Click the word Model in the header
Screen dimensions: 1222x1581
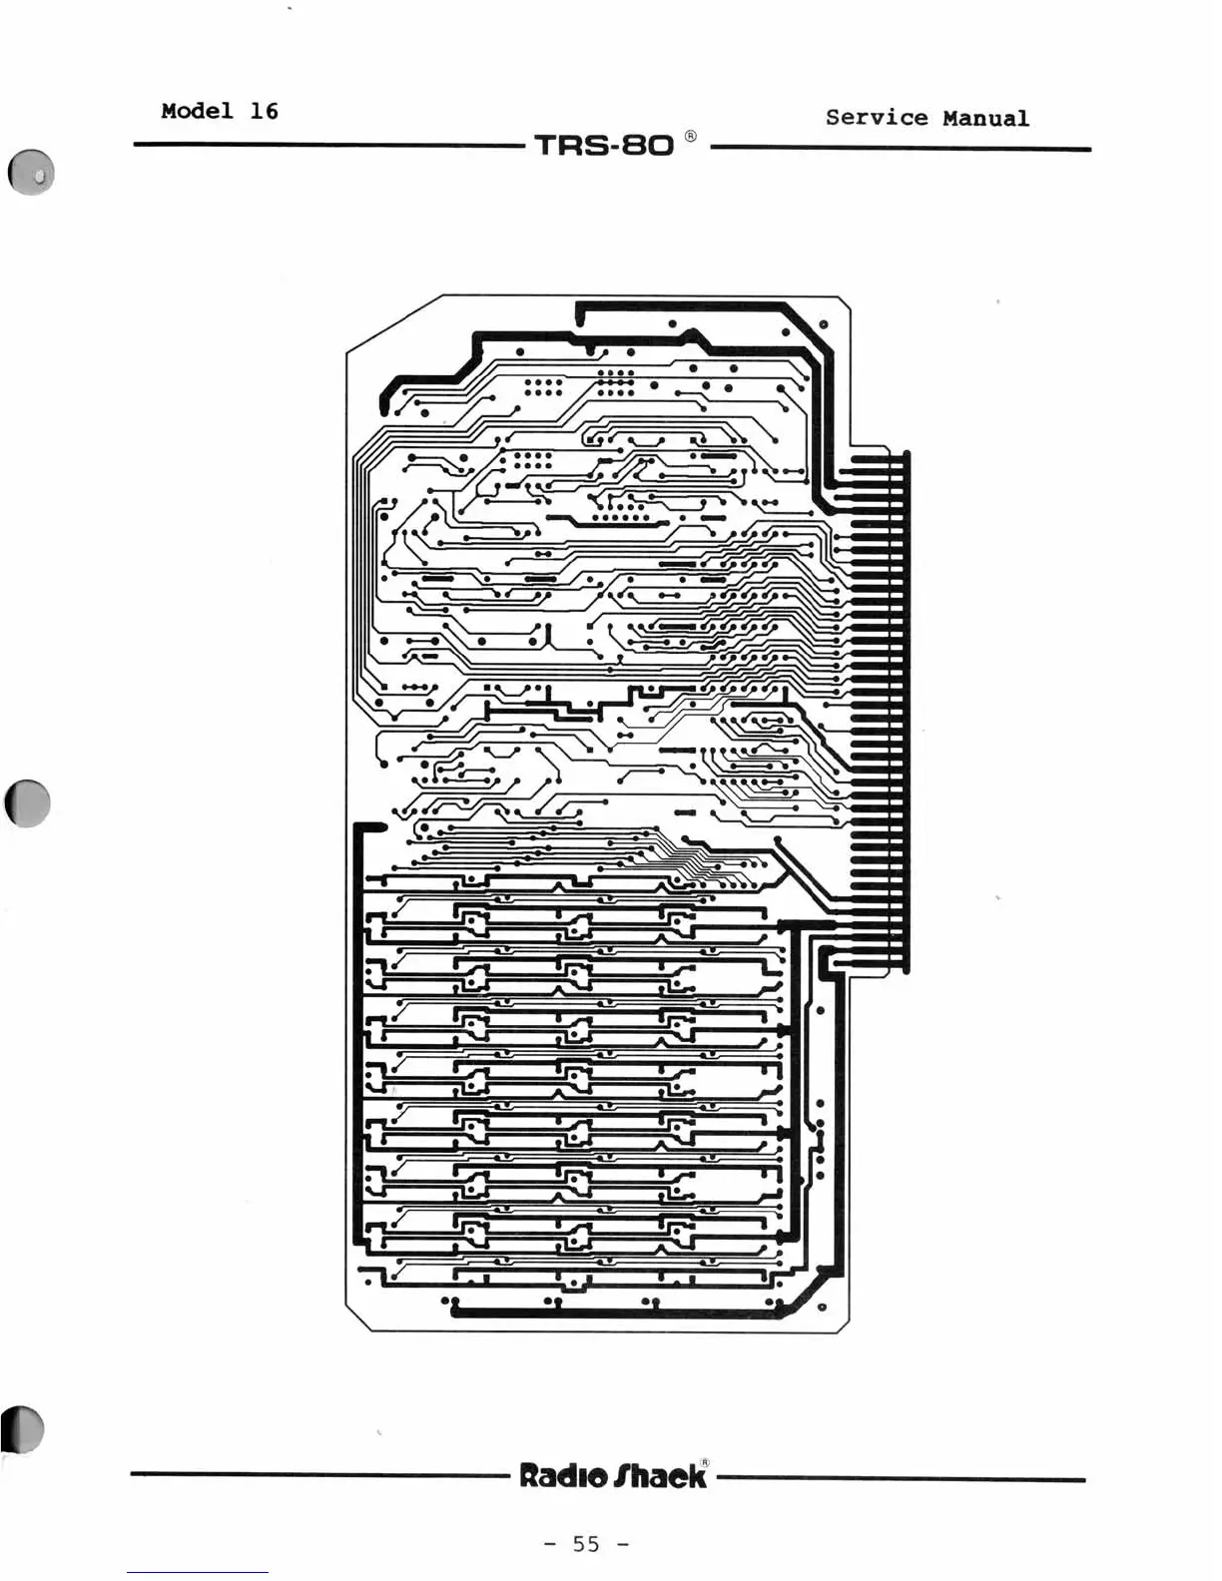[197, 111]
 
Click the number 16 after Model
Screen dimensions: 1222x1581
[264, 111]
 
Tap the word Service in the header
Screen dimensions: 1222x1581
[876, 118]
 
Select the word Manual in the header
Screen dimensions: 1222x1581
[985, 118]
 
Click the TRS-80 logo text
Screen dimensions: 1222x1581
[604, 146]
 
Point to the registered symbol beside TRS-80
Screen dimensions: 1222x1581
[691, 136]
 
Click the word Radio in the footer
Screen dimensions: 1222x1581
[562, 1476]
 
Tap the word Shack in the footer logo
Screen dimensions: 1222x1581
[660, 1476]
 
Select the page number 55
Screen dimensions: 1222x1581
[586, 1544]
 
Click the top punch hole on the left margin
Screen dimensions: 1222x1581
[31, 173]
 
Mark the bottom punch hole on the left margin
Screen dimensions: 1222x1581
[24, 1430]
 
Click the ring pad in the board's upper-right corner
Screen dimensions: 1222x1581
[823, 324]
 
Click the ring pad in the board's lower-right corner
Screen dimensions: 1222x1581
[822, 1307]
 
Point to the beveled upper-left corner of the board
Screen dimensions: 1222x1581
[393, 323]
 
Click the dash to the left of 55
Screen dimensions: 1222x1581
[550, 1544]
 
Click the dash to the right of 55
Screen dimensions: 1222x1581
[623, 1544]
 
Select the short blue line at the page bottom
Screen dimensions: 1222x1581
[197, 1573]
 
